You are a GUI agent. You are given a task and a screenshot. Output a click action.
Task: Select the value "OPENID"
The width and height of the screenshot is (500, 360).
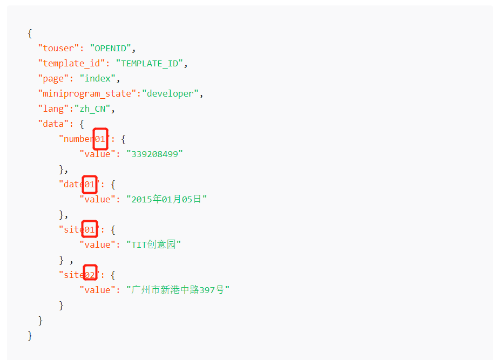110,48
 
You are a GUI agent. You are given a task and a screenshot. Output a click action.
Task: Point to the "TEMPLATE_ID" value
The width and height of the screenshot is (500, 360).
149,63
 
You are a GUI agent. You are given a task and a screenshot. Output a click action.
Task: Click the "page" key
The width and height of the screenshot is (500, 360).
53,78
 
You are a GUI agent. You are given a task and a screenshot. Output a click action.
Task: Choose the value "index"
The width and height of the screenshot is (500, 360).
98,78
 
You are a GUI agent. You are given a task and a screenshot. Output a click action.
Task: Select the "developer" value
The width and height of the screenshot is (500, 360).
170,93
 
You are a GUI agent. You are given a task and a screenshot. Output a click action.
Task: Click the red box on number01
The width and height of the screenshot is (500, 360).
100,139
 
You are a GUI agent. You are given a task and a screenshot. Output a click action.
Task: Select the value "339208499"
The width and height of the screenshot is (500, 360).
154,154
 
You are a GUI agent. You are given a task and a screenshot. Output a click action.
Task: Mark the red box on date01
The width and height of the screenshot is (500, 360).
90,184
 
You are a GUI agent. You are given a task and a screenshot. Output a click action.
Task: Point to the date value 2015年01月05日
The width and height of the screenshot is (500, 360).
167,199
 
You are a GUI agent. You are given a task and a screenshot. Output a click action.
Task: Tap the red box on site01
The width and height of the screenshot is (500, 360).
90,229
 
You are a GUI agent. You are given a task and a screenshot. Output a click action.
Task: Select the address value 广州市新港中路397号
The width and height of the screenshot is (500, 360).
178,290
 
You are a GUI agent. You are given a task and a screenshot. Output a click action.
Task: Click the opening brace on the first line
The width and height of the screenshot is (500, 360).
30,33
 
